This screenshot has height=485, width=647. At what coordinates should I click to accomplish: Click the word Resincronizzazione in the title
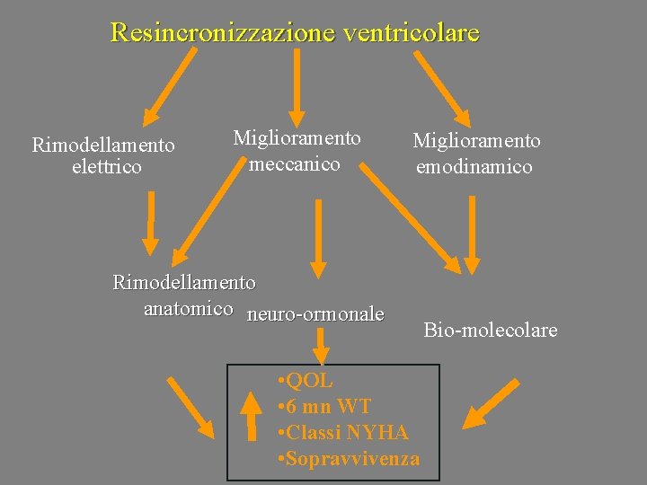221,33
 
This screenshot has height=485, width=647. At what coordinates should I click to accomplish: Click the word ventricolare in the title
410,33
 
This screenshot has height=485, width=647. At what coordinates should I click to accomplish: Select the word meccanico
295,163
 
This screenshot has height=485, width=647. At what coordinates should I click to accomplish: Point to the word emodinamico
474,166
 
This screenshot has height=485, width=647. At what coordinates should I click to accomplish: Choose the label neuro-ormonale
315,314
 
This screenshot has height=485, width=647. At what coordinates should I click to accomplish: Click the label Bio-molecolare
491,331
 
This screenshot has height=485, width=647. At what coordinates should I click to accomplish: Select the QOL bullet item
306,381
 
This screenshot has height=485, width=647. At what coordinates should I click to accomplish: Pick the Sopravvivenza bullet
350,459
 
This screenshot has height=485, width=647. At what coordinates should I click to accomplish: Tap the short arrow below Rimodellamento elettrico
151,224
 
